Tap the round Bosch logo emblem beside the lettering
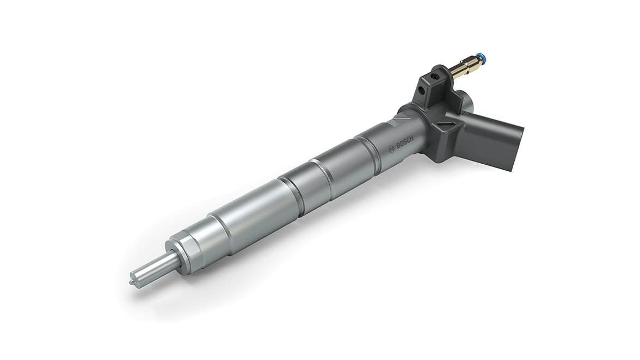pyautogui.click(x=392, y=151)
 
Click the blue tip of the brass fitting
pyautogui.click(x=481, y=57)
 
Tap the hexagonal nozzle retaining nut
pyautogui.click(x=185, y=252)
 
